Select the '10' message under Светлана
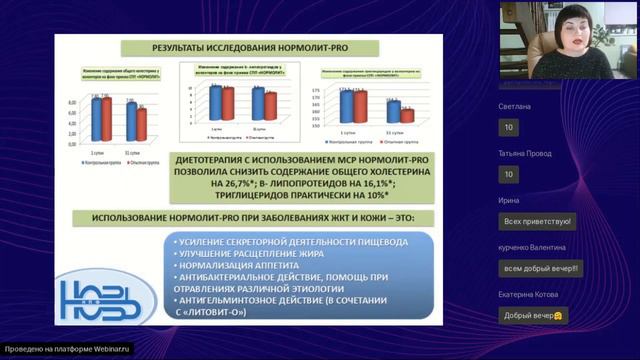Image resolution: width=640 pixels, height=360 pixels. [509, 127]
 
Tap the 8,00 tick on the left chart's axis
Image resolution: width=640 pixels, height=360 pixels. [69, 102]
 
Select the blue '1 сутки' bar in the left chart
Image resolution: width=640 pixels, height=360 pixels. [96, 116]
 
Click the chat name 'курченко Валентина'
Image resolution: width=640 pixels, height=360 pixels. [534, 247]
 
